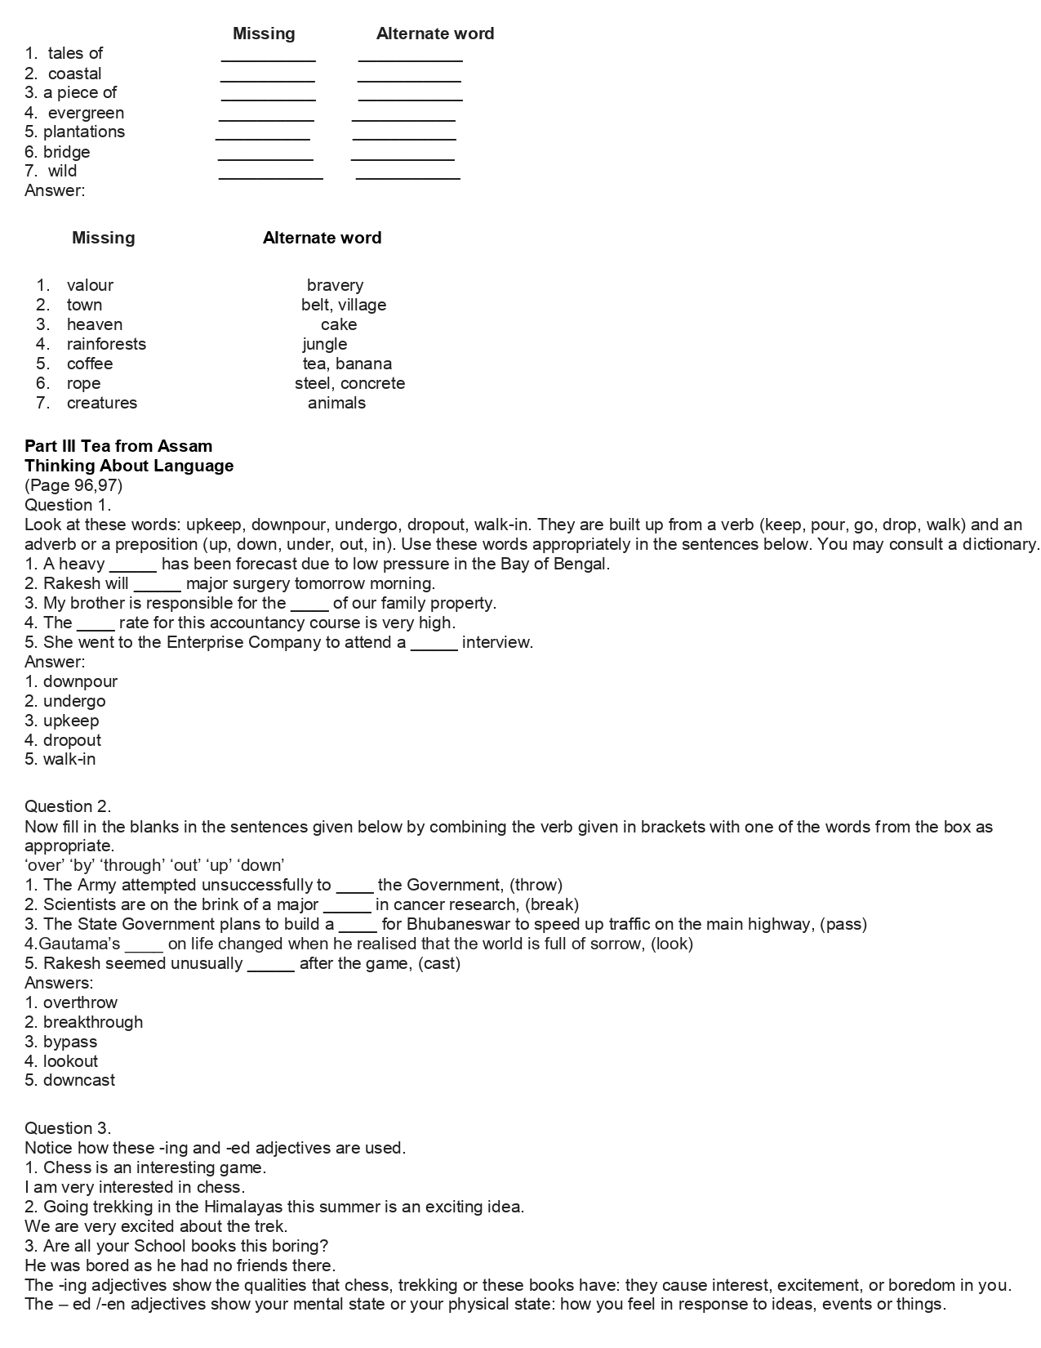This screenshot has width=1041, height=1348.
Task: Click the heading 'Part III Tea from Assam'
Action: tap(118, 446)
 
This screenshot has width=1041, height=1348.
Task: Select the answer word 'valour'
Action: tap(90, 285)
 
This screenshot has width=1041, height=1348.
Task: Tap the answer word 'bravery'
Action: tap(335, 285)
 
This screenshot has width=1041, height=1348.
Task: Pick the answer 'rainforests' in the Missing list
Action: tap(106, 344)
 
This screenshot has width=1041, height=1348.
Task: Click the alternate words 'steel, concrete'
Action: tap(349, 383)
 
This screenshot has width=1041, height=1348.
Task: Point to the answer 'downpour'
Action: tap(80, 681)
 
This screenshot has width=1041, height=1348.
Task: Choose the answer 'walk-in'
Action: tap(69, 759)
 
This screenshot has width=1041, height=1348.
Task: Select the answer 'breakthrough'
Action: tap(92, 1022)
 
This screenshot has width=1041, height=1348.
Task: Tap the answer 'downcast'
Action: tap(79, 1080)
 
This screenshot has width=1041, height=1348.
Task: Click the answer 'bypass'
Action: tap(70, 1042)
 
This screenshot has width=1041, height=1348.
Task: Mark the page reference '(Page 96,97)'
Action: tap(73, 485)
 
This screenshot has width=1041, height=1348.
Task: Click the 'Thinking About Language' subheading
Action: tap(129, 466)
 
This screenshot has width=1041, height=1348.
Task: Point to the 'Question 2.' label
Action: tap(68, 806)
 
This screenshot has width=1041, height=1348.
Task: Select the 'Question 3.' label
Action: tap(68, 1128)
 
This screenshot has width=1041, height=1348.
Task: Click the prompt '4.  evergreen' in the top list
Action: tap(74, 113)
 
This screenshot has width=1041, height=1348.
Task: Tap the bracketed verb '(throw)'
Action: tap(536, 885)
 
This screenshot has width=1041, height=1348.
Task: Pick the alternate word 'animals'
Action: tap(336, 403)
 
